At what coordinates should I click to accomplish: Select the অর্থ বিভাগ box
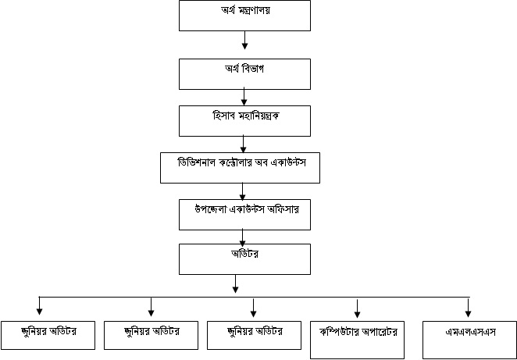click(245, 73)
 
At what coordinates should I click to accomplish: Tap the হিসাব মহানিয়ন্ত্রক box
click(245, 120)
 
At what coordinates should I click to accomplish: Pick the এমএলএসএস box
click(469, 334)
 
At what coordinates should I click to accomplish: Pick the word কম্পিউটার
click(341, 331)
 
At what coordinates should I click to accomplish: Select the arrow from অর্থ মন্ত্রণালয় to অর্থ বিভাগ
click(245, 40)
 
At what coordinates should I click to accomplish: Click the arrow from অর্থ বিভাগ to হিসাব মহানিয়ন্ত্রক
click(245, 96)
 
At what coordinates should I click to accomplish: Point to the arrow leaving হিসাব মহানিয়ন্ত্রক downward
click(245, 143)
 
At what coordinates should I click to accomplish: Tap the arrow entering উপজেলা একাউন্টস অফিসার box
click(244, 190)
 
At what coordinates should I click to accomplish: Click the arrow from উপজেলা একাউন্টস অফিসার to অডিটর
click(244, 237)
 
